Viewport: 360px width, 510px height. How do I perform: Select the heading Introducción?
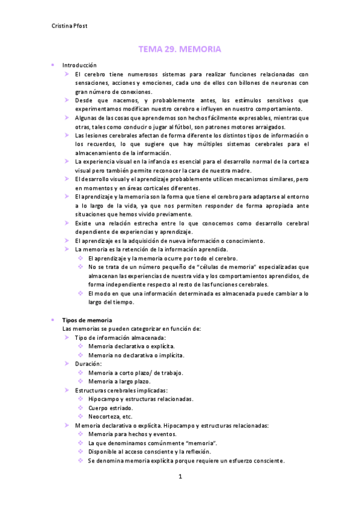[x=79, y=65]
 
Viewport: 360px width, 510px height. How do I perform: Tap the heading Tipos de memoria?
[x=87, y=320]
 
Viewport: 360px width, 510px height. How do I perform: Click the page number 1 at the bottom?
[x=180, y=477]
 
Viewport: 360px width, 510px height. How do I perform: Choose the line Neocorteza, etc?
[x=110, y=416]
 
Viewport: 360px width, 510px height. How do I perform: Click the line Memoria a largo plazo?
[x=119, y=381]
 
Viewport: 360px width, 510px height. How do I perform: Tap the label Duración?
[x=88, y=364]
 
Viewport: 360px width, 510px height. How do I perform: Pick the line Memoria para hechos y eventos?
[x=133, y=434]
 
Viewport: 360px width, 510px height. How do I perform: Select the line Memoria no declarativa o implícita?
[x=136, y=355]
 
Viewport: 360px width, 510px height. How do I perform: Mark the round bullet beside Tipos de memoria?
[x=53, y=320]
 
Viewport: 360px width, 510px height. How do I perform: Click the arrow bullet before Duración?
[x=68, y=364]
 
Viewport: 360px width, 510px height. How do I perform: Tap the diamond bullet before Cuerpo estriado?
[x=81, y=408]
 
